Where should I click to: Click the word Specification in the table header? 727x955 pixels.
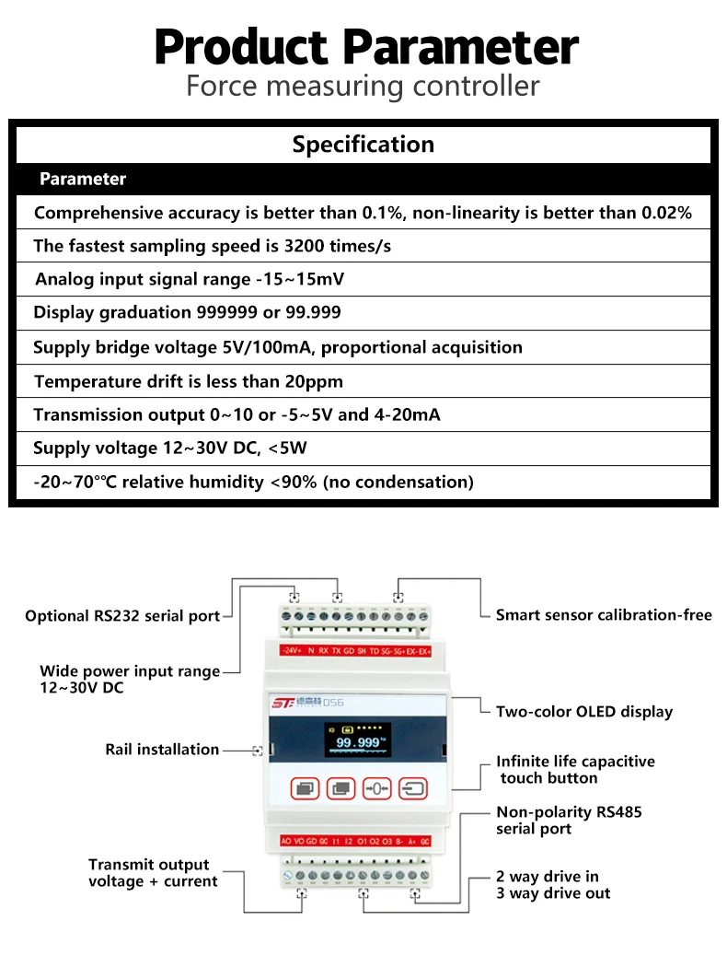point(363,145)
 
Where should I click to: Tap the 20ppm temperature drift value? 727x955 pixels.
point(312,381)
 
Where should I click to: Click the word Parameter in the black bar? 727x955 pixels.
point(83,179)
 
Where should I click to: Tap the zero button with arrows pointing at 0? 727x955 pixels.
point(377,788)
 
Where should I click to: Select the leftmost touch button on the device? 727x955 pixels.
point(306,788)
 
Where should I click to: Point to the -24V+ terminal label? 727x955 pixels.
point(291,650)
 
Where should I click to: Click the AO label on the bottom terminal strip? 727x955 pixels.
point(286,841)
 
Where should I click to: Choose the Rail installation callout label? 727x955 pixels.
point(162,750)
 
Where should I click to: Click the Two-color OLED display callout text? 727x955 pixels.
point(583,711)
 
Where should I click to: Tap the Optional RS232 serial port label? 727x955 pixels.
point(122,616)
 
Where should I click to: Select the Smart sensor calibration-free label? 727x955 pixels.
point(604,614)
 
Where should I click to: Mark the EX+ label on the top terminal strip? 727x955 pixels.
point(424,650)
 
